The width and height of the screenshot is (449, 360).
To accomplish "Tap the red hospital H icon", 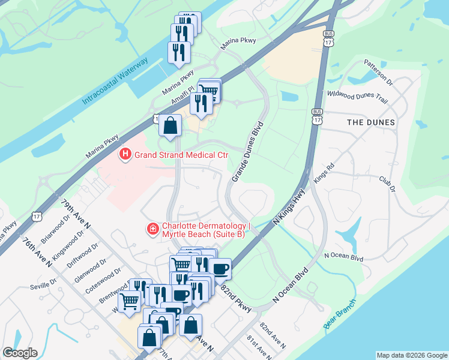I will coord(125,155).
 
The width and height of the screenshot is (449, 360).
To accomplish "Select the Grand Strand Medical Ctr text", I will coord(181,155).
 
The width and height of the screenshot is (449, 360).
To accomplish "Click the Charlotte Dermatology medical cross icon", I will coord(153,229).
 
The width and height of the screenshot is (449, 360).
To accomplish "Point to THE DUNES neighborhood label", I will coord(371,122).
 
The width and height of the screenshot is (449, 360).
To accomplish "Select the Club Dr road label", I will coord(388,184).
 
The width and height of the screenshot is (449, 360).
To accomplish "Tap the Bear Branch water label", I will coord(340,313).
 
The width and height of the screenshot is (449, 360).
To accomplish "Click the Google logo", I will coord(20,353).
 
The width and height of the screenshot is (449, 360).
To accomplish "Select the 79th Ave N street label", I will coord(75,213).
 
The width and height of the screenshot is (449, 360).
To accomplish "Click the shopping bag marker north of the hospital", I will coord(170,126).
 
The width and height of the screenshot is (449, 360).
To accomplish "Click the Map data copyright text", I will coord(411,355).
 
